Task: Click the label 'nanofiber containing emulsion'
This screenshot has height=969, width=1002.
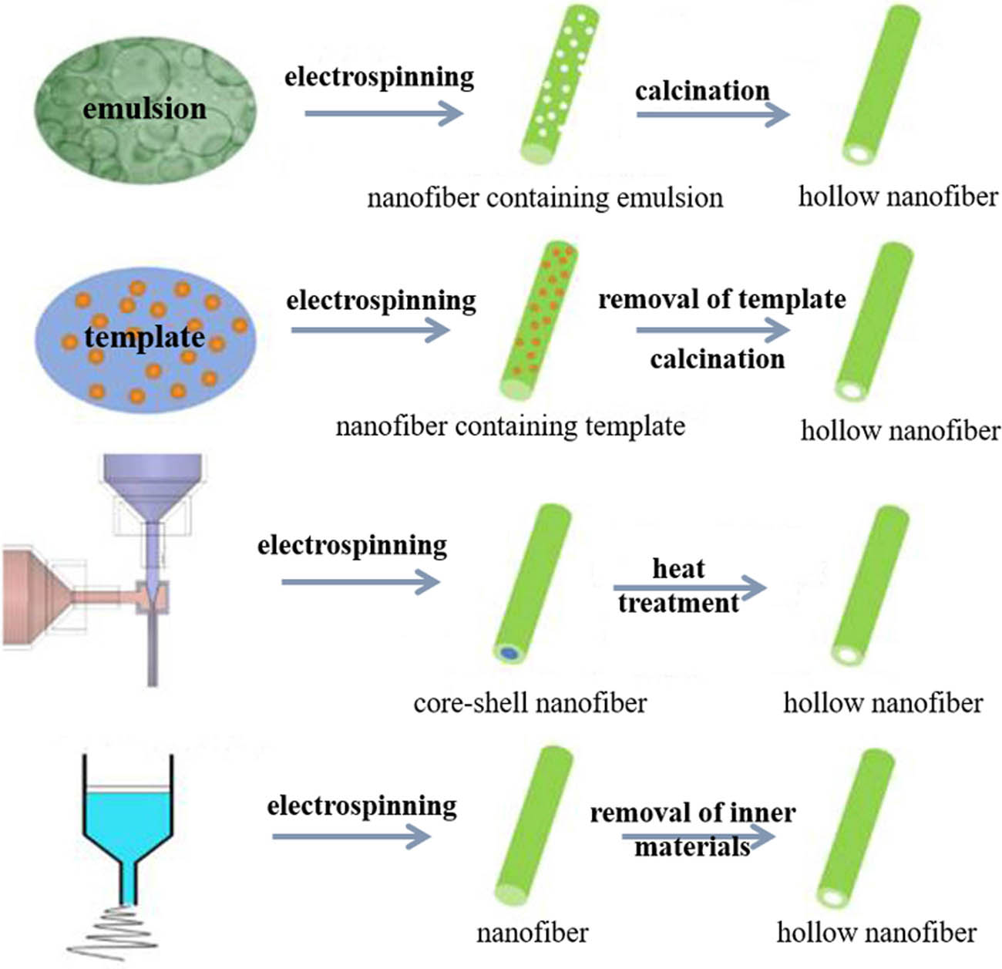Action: click(545, 198)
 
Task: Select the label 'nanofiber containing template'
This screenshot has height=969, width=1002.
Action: click(510, 426)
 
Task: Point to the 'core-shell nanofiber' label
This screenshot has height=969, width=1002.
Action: click(530, 703)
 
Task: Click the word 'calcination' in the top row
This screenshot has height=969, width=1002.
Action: click(702, 91)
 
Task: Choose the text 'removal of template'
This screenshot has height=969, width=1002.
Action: click(722, 299)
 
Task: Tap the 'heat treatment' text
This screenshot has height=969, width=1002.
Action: click(678, 586)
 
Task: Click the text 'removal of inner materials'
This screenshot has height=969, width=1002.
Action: click(692, 829)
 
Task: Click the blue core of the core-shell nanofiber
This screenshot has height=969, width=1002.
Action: click(509, 654)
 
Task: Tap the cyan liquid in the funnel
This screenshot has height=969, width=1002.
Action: click(127, 821)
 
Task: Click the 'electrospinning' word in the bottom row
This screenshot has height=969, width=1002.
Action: click(361, 806)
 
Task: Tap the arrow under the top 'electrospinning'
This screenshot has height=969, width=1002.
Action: click(383, 114)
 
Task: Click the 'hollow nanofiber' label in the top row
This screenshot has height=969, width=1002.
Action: click(898, 197)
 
